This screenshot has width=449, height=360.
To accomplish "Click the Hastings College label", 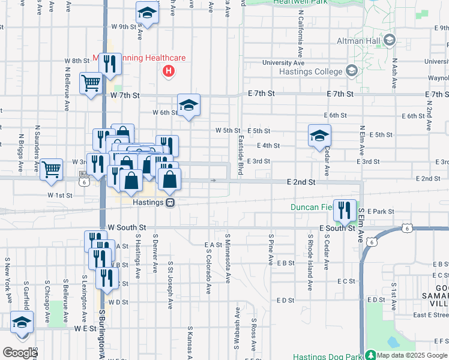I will click(310, 72).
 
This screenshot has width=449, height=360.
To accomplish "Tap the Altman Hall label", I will click(359, 41).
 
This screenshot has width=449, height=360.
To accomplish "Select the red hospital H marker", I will click(169, 71).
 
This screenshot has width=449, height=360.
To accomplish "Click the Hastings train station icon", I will click(171, 203).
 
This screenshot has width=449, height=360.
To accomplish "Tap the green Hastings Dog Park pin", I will click(370, 355).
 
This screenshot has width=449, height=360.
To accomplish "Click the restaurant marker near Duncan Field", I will click(344, 209).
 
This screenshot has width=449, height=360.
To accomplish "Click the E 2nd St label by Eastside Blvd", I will click(301, 181).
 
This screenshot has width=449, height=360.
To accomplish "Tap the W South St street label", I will click(127, 228).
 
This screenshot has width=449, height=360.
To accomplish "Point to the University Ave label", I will click(284, 62).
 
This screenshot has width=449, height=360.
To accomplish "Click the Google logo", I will click(19, 353).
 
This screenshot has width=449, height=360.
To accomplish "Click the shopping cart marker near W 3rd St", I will click(52, 169).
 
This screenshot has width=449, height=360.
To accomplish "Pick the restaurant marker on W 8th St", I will click(109, 64).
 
